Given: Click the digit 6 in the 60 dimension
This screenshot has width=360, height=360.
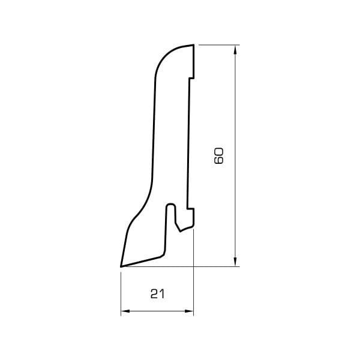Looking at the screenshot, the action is [x=218, y=160].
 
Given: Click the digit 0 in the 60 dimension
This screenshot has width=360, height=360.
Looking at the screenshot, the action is [x=218, y=152].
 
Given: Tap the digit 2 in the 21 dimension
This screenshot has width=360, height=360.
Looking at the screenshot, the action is [x=154, y=294].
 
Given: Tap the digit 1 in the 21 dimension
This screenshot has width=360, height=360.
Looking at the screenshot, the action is [x=163, y=294].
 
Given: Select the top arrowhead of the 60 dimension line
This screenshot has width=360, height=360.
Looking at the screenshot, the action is [x=235, y=50].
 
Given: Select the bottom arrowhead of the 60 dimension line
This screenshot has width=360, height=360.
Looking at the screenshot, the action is [x=235, y=262].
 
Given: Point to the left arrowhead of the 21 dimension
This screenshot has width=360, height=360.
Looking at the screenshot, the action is [x=125, y=311].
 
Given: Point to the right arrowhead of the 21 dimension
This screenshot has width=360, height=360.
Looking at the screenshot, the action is [x=189, y=311].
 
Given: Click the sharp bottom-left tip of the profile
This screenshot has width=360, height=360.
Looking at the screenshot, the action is [x=121, y=266].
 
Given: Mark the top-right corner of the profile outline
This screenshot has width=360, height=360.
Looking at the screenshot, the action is [x=194, y=44].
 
